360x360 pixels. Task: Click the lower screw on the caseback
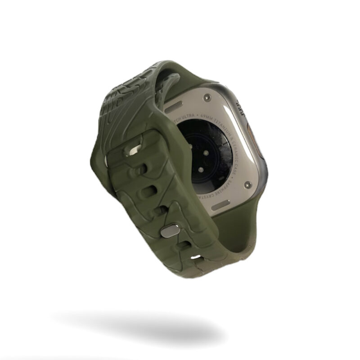click(x=247, y=184)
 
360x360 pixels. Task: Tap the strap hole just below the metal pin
click(x=184, y=246)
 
